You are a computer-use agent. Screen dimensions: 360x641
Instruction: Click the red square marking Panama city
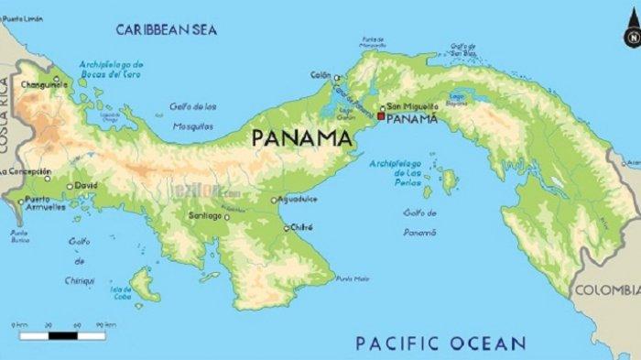[381, 117]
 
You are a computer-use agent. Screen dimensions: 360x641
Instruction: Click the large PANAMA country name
[301, 138]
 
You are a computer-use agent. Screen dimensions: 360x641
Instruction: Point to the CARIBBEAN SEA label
[166, 30]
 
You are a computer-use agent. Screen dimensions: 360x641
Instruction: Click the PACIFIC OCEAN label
[440, 344]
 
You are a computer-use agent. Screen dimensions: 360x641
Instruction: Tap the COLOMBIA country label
[605, 290]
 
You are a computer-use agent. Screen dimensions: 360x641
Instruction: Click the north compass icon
[630, 38]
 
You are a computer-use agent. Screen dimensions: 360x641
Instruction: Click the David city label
[86, 186]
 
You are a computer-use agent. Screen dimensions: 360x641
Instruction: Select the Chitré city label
[302, 227]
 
